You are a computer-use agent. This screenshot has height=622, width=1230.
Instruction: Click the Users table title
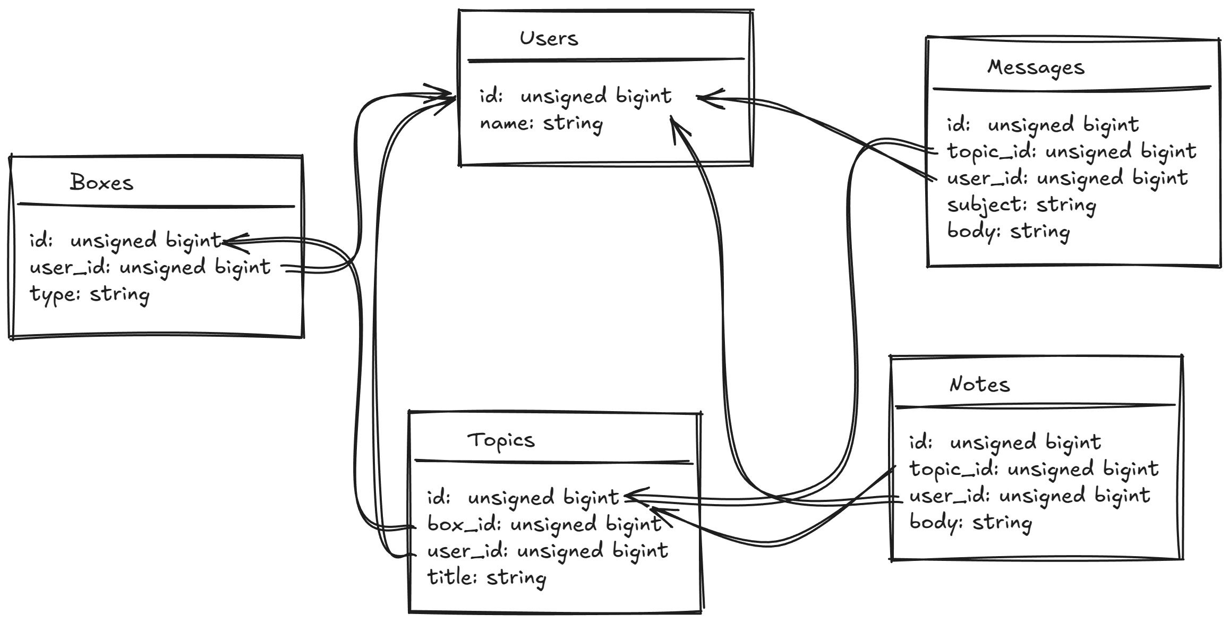[x=548, y=38]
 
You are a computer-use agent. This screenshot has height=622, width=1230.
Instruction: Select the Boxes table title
[x=101, y=183]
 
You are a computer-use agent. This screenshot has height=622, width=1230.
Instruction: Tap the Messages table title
[x=1036, y=68]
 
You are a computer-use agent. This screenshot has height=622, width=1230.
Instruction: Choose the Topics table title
[x=501, y=440]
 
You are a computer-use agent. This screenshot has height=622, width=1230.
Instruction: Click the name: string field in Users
[x=541, y=124]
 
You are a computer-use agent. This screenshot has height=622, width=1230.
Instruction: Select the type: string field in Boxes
[x=89, y=294]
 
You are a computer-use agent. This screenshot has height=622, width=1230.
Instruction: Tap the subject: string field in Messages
[x=1021, y=206]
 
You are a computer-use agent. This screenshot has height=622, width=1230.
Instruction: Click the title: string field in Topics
[x=486, y=578]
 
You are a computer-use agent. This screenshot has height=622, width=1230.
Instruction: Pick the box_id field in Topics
[x=544, y=525]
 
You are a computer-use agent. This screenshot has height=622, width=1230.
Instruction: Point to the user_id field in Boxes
[x=150, y=267]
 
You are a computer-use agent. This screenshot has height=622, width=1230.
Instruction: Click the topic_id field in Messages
[x=1071, y=152]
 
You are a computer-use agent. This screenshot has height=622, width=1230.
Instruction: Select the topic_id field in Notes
[x=1033, y=470]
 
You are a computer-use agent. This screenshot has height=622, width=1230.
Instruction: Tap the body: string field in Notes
[x=970, y=523]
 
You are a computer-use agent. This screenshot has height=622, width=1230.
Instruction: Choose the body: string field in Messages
[x=1008, y=232]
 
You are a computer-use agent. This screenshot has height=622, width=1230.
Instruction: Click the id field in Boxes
[x=125, y=241]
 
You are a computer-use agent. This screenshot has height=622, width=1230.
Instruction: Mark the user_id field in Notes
[x=1029, y=496]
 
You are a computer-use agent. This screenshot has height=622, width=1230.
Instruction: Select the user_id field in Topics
[x=547, y=551]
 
